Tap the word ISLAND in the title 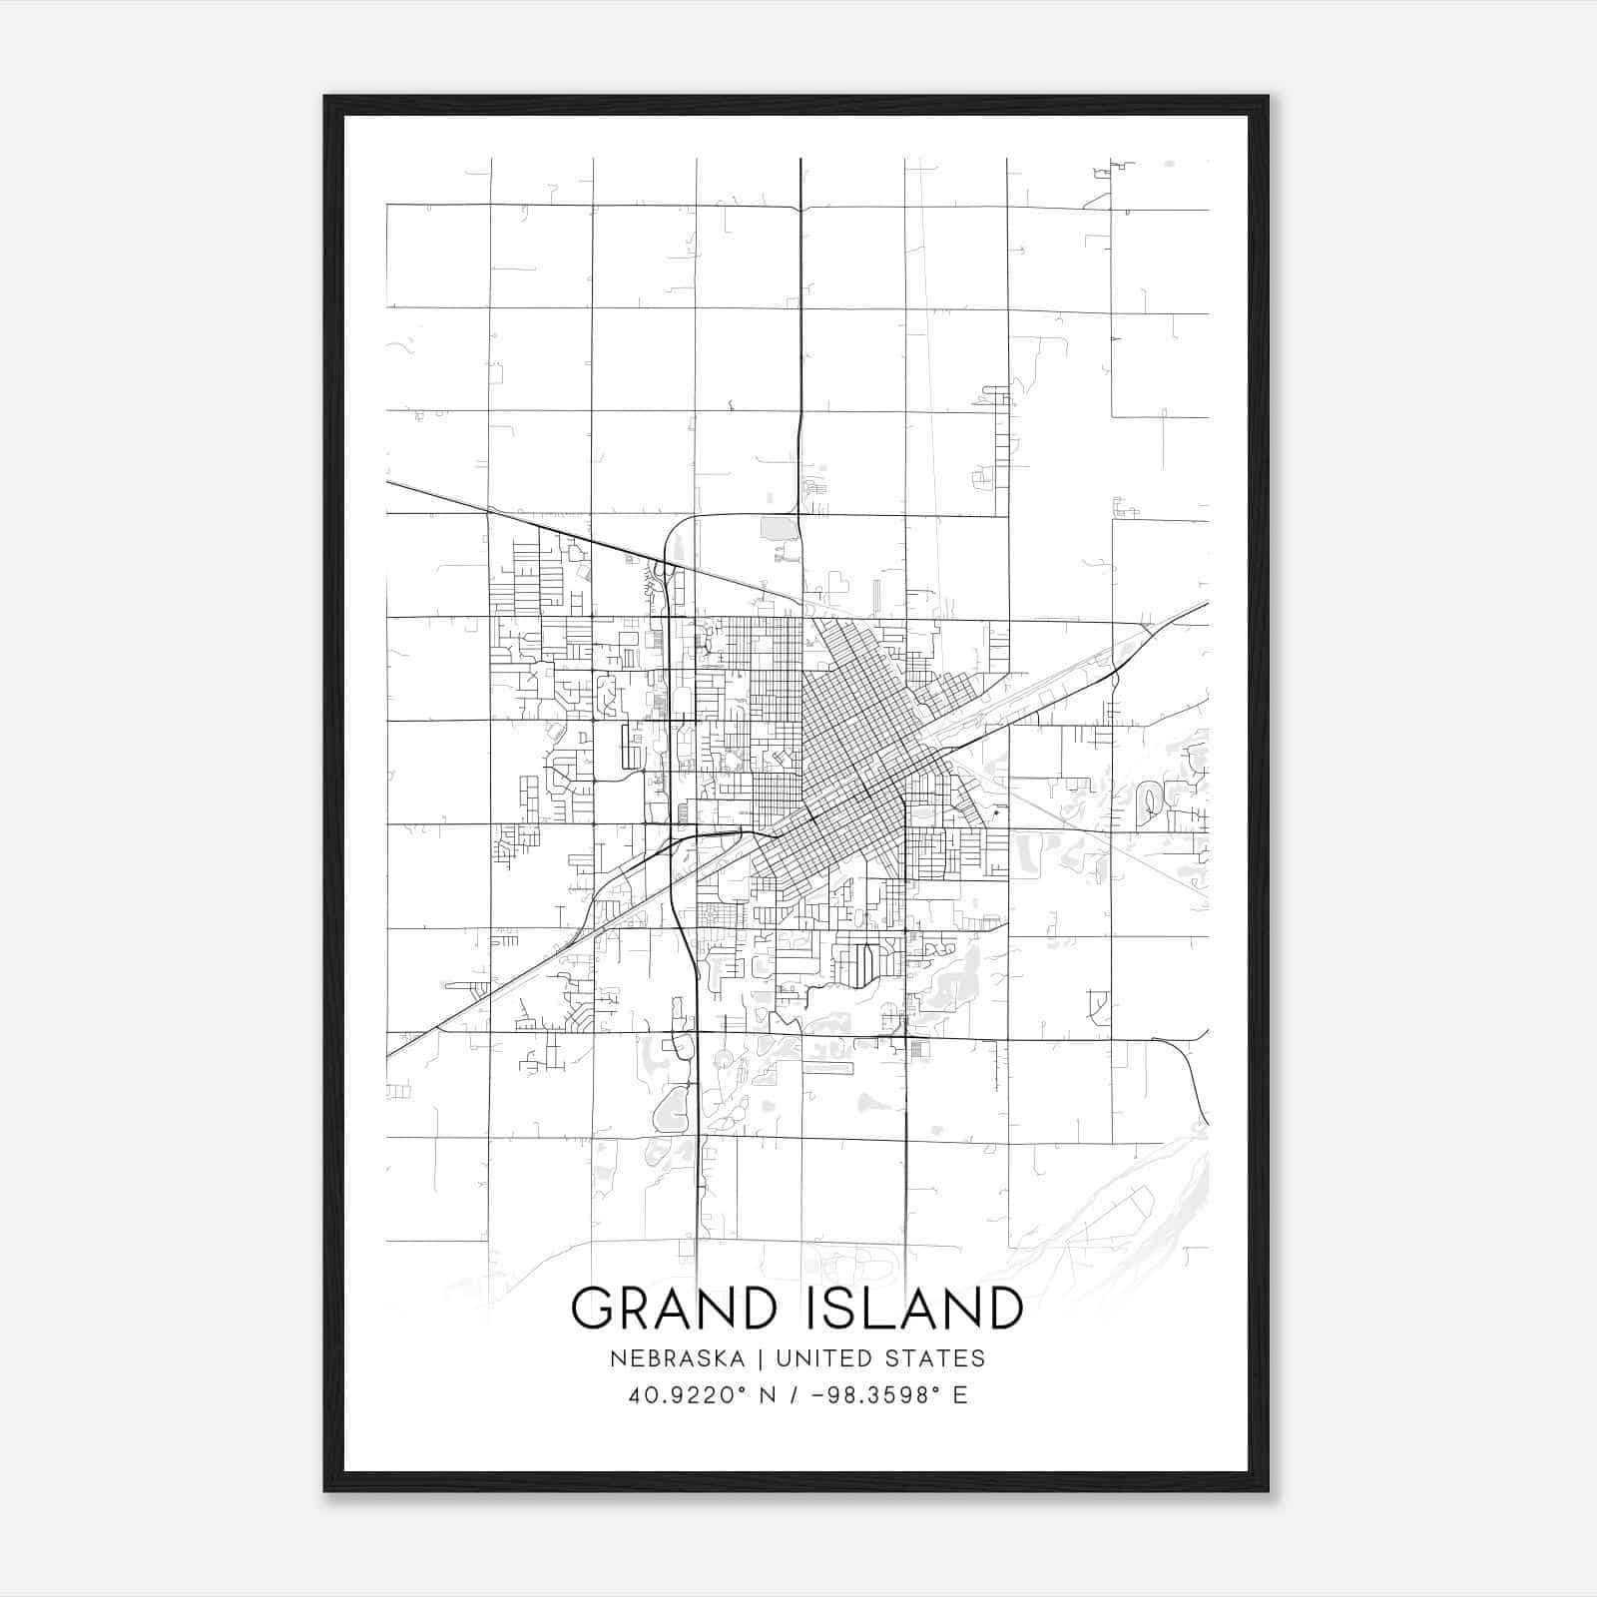908,1308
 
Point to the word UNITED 817,1358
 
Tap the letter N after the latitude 768,1395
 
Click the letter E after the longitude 960,1395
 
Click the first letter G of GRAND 590,1308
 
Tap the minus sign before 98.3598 818,1395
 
